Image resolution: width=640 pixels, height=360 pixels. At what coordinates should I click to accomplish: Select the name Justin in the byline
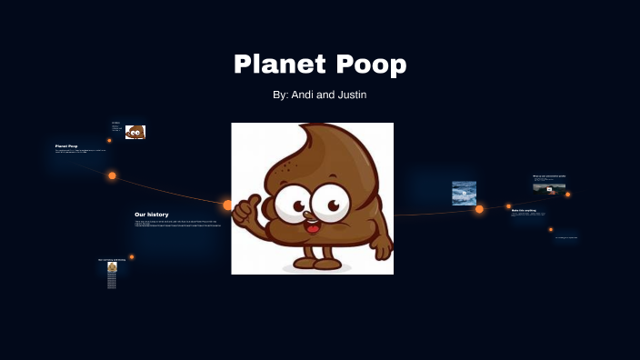[351, 95]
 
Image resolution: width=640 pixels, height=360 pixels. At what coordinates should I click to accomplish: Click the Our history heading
[151, 215]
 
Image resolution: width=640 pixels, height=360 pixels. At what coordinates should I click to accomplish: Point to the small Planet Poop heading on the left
[66, 145]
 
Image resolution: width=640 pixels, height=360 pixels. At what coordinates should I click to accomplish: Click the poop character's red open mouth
[312, 225]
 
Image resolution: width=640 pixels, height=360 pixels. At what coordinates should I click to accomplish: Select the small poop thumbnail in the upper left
[135, 132]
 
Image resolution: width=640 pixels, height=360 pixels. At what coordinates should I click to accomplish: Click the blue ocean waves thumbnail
[465, 193]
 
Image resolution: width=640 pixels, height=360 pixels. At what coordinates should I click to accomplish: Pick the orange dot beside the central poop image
[228, 205]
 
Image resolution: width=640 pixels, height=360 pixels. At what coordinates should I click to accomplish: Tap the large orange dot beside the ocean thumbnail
[479, 209]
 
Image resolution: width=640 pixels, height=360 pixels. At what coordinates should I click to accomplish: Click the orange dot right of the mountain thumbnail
[568, 194]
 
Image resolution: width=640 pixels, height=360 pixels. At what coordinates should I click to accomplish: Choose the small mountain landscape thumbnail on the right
[549, 187]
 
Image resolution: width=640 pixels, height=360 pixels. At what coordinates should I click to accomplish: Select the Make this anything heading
[524, 210]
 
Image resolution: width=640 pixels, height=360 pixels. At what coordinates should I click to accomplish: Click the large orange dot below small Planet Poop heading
[112, 175]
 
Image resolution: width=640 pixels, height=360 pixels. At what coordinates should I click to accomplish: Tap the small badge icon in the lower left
[112, 267]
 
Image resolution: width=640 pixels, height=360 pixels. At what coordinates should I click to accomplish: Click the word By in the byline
[279, 95]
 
